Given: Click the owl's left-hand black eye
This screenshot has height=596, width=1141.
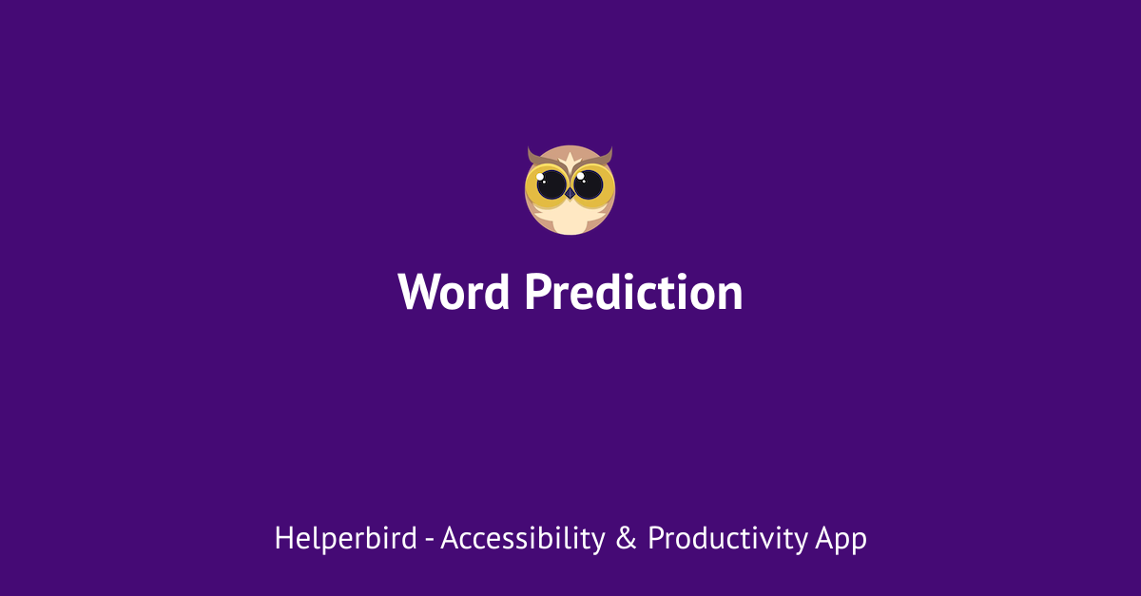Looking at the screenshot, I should pyautogui.click(x=551, y=184).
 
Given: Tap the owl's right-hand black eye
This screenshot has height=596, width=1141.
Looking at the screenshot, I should pyautogui.click(x=589, y=184).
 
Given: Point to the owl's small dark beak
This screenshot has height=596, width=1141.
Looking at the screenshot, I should pyautogui.click(x=570, y=193).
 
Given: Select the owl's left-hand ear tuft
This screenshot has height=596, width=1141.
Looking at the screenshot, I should pyautogui.click(x=533, y=156).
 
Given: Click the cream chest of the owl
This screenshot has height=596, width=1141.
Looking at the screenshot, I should pyautogui.click(x=570, y=220).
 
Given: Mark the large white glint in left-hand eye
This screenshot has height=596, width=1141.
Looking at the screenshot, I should pyautogui.click(x=546, y=178).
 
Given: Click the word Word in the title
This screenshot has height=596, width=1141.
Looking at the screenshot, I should pyautogui.click(x=454, y=292).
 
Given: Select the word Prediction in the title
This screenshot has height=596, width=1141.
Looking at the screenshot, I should pyautogui.click(x=633, y=292).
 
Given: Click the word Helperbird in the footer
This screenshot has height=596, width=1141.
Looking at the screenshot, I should pyautogui.click(x=345, y=539).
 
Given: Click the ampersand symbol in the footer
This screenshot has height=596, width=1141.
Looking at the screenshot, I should pyautogui.click(x=626, y=539).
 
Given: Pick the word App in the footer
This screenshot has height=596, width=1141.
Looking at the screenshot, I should pyautogui.click(x=841, y=539).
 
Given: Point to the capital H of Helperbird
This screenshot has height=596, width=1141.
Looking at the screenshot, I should pyautogui.click(x=282, y=539).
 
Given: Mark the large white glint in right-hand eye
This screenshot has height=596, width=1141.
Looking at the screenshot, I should pyautogui.click(x=582, y=178).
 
